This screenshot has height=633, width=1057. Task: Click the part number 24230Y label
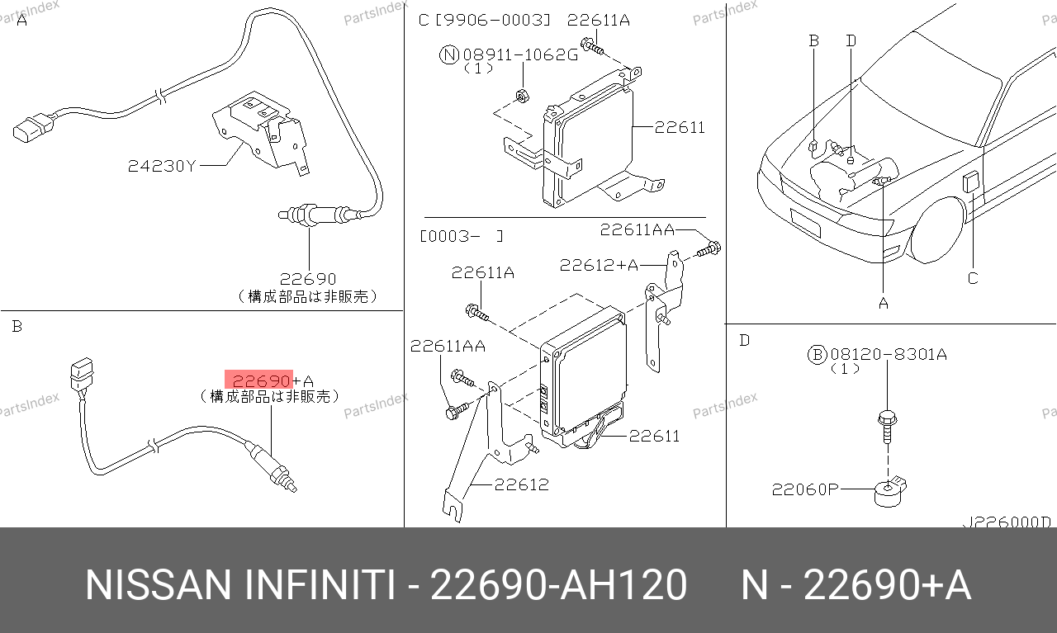point(161,166)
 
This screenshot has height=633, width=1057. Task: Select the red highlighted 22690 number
point(258,380)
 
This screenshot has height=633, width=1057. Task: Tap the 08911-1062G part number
point(520,55)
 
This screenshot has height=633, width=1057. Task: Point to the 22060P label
point(805,489)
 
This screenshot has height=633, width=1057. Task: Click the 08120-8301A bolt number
point(888,354)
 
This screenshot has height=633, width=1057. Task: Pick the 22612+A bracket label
point(599,266)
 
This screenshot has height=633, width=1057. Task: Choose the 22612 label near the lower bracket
point(521,484)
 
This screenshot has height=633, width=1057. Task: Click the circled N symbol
point(449,55)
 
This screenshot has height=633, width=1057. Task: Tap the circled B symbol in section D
point(818,354)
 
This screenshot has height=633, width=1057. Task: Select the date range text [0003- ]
point(462,236)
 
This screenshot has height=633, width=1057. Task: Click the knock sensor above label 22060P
point(890,493)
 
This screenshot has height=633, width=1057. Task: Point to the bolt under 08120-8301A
point(887,426)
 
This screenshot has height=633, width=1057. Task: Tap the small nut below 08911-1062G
point(521,96)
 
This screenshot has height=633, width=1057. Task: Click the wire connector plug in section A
point(33,126)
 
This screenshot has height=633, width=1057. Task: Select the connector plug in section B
point(82,375)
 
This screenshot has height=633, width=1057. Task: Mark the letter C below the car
point(973,279)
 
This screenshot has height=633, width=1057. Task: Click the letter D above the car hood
point(851,41)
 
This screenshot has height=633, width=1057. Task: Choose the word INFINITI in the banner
point(320,585)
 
